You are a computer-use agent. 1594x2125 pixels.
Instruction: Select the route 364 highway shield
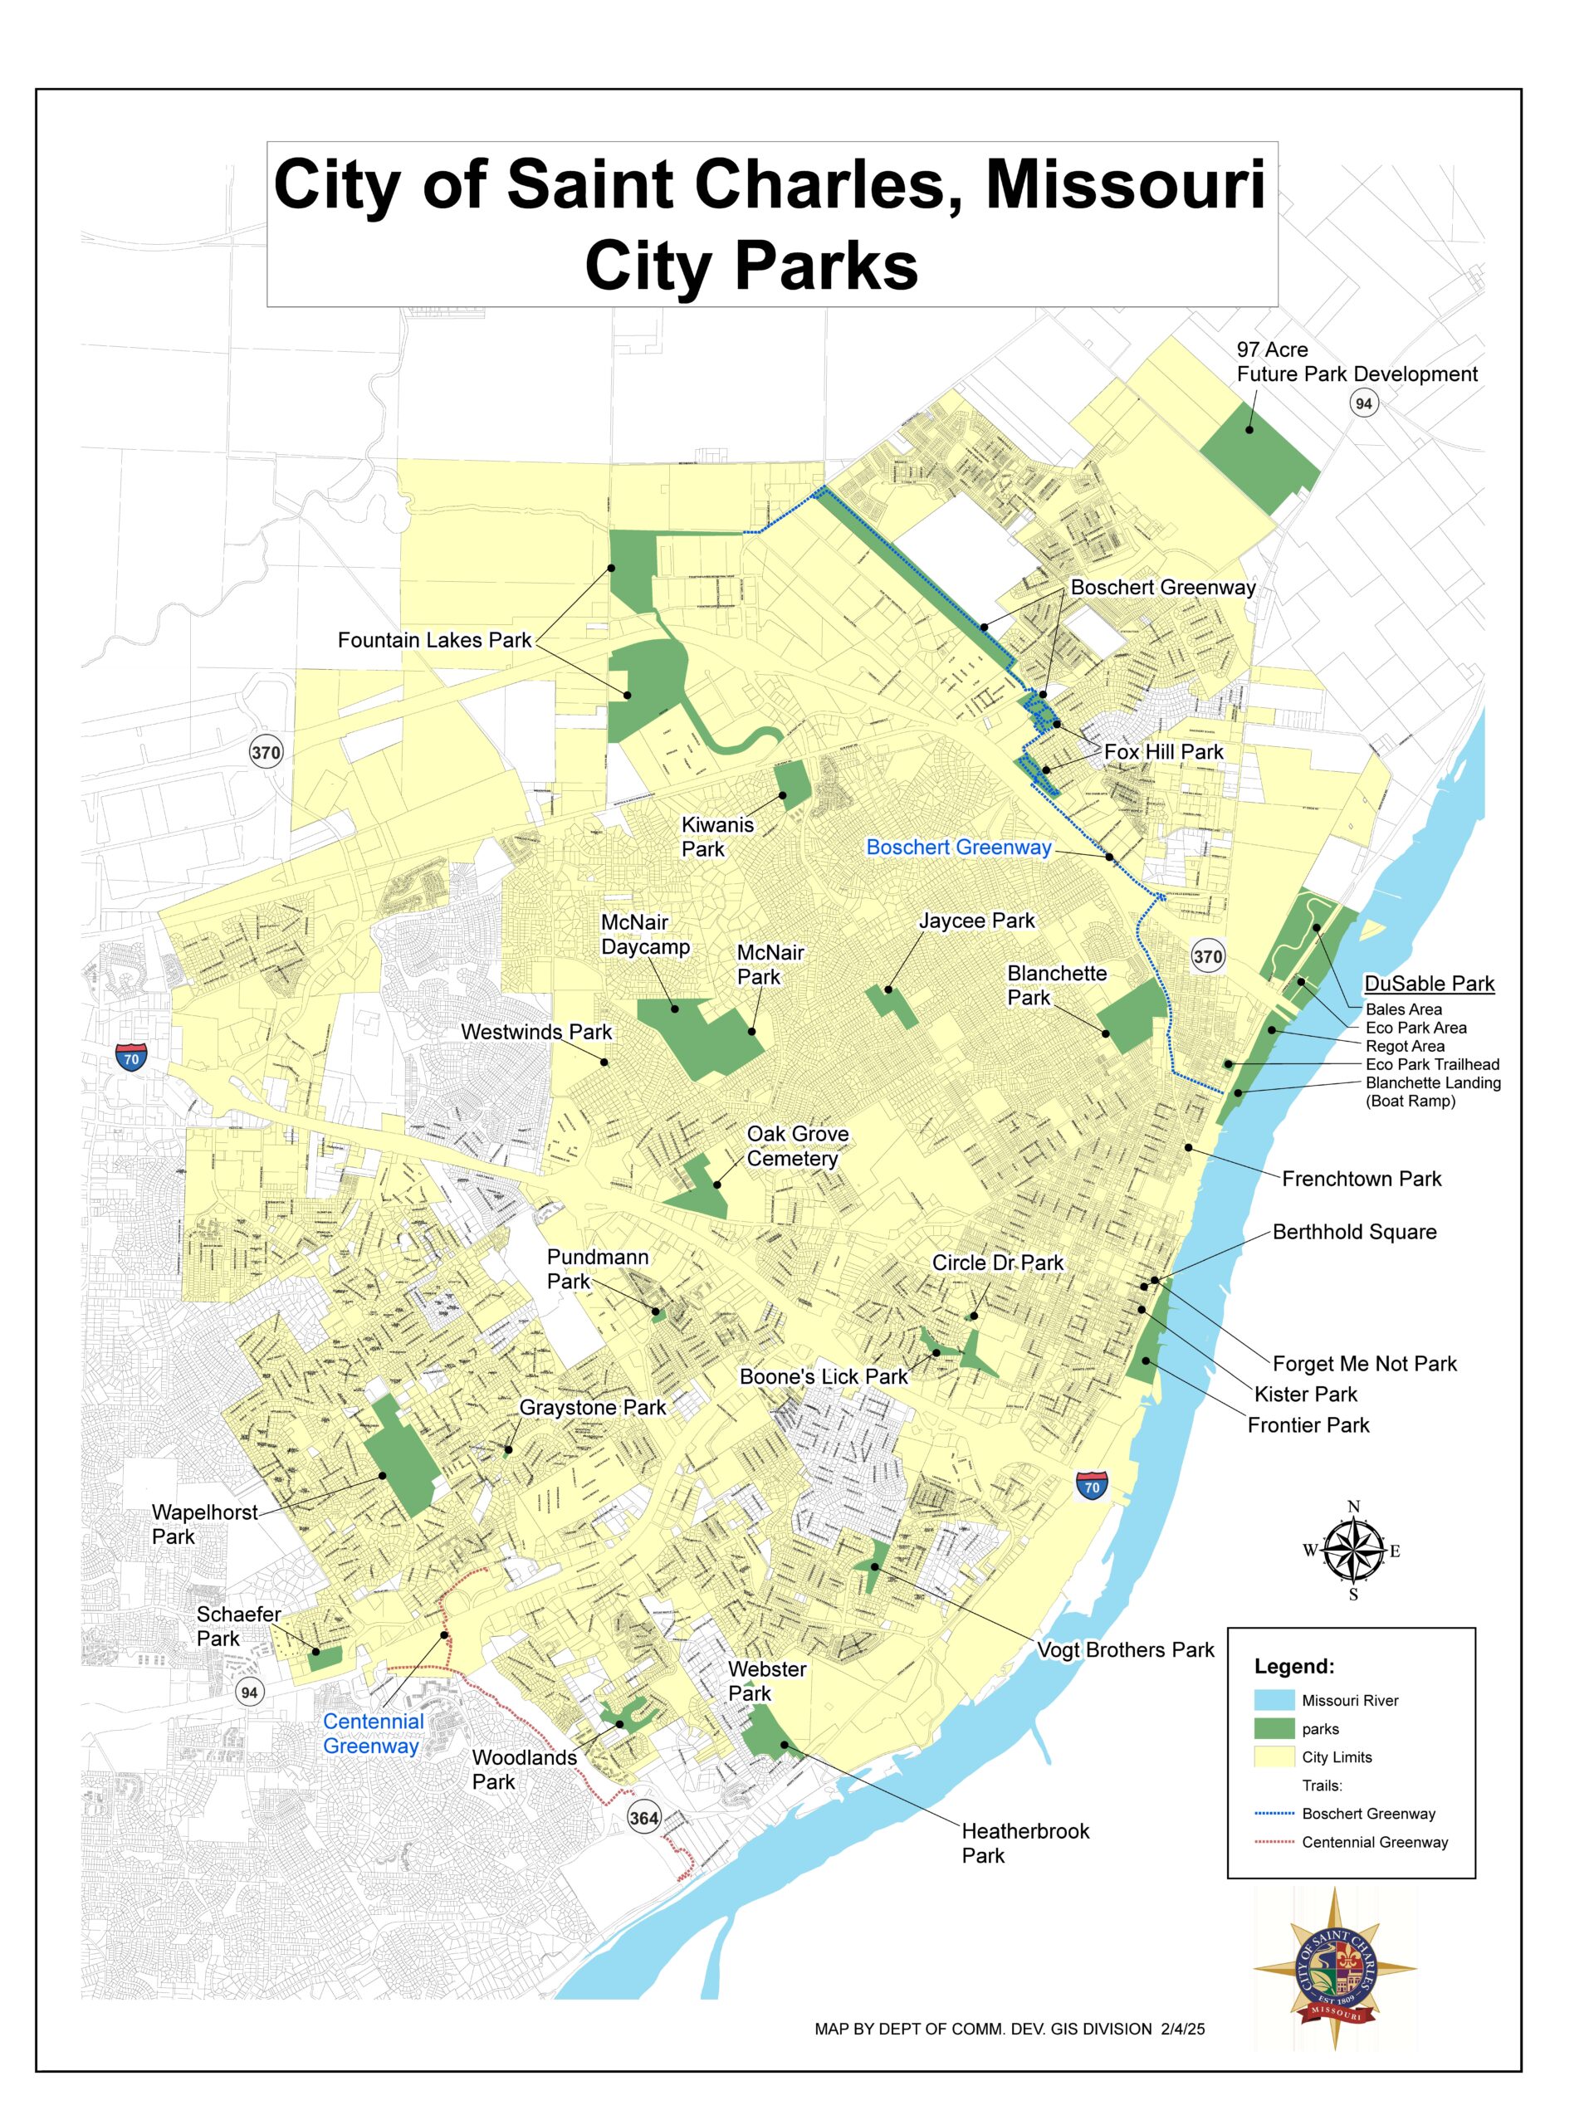tap(643, 1818)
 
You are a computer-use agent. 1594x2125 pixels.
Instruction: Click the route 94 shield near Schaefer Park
tap(250, 1693)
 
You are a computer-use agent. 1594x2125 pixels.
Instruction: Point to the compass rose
tap(1353, 1551)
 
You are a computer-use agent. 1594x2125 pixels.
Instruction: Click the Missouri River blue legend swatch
tap(1273, 1700)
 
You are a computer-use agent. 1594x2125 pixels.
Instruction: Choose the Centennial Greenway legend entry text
tap(1374, 1843)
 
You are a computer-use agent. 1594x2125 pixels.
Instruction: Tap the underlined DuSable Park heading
tap(1429, 984)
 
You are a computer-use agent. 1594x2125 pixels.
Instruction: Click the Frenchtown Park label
tap(1361, 1179)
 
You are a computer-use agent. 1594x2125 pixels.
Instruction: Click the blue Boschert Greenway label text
tap(958, 848)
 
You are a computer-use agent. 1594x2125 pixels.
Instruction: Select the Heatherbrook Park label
tap(1024, 1844)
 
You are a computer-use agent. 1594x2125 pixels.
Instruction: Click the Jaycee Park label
tap(976, 921)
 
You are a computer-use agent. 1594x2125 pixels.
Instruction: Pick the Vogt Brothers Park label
tap(1125, 1650)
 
